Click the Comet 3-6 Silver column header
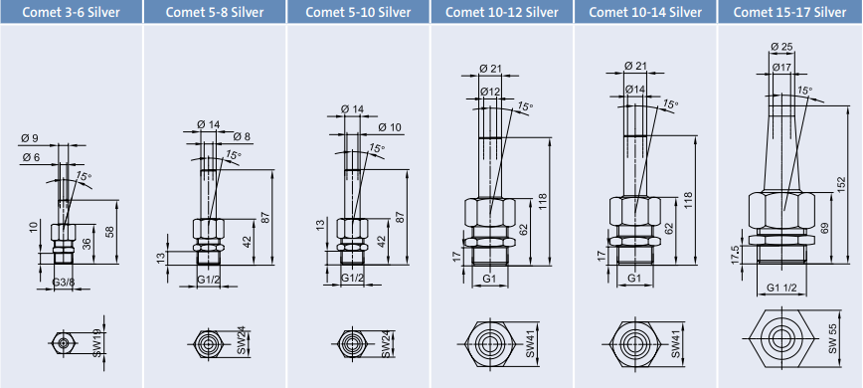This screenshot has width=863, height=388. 71,12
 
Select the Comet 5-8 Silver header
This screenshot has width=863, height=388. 215,12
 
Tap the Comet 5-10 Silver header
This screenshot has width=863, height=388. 358,12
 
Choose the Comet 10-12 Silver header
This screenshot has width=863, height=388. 502,12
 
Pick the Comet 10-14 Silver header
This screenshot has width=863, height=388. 645,12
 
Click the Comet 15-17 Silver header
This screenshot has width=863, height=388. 789,12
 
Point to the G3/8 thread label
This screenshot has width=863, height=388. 64,283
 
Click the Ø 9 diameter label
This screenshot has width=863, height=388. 30,138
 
